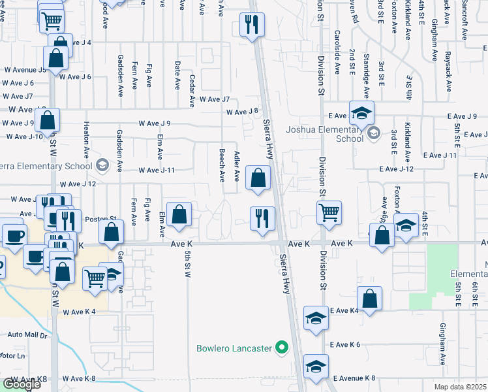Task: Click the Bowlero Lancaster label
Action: (x=234, y=348)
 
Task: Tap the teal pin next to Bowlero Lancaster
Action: (x=282, y=348)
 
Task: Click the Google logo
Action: (x=22, y=384)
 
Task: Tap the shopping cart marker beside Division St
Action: (x=329, y=212)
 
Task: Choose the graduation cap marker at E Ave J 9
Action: (x=361, y=112)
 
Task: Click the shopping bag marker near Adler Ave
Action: (x=258, y=177)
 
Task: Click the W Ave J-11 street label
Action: (x=157, y=171)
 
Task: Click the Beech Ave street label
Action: (x=222, y=165)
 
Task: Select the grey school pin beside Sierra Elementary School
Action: (x=102, y=165)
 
